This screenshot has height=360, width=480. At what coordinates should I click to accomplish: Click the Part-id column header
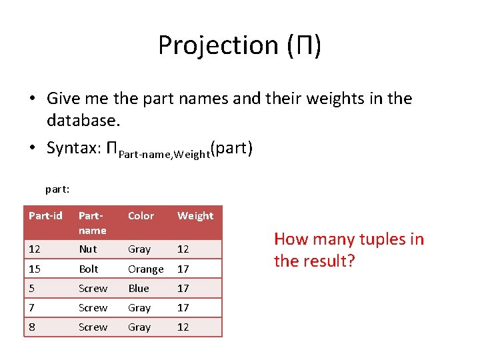click(x=45, y=215)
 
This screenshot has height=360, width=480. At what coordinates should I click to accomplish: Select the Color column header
click(x=141, y=215)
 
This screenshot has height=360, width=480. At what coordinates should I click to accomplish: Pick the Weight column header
click(x=195, y=215)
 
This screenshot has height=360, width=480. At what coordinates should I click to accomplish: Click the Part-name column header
click(x=93, y=223)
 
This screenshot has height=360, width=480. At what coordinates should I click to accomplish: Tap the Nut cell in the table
click(x=88, y=249)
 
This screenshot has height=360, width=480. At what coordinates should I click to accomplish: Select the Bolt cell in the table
click(x=89, y=269)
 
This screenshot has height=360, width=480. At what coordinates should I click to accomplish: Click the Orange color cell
click(x=145, y=269)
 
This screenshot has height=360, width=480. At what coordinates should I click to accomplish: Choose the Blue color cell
click(x=139, y=288)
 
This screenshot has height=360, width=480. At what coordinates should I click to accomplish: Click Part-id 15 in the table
click(x=35, y=269)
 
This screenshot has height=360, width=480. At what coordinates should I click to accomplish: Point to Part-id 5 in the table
click(x=32, y=288)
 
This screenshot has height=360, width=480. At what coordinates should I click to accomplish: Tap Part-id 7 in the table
click(x=32, y=307)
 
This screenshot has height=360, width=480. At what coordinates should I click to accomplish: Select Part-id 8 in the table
click(x=32, y=327)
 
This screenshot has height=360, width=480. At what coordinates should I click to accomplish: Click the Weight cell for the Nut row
click(x=183, y=249)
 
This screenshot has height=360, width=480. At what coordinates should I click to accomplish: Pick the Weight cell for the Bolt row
click(x=183, y=269)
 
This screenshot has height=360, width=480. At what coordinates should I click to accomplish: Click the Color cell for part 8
click(x=139, y=327)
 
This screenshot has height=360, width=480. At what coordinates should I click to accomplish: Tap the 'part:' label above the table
click(x=58, y=189)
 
